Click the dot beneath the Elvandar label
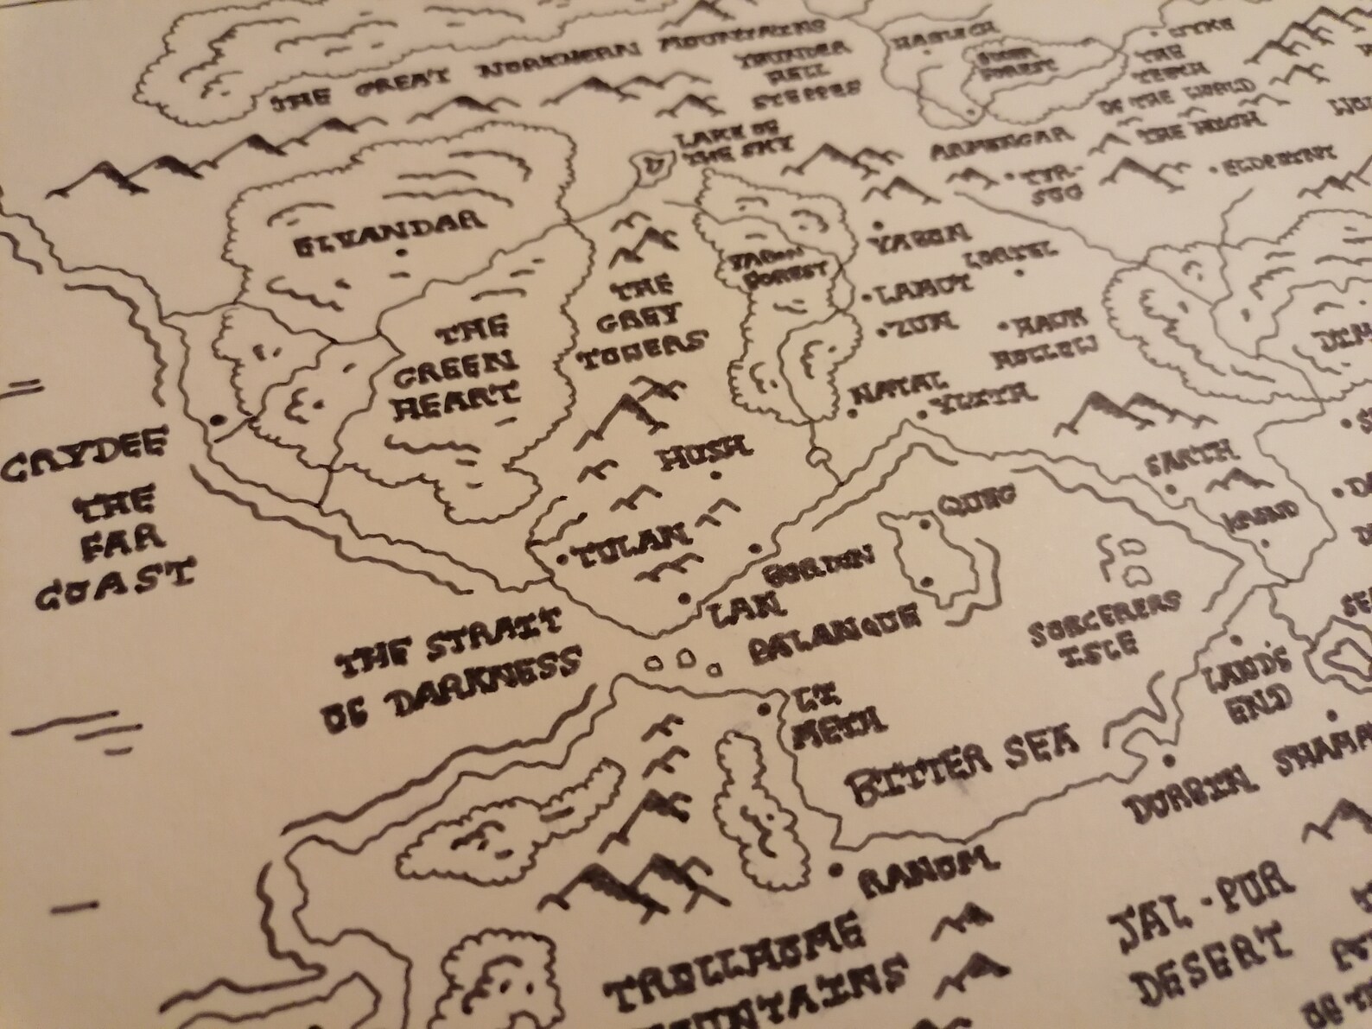(400, 252)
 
